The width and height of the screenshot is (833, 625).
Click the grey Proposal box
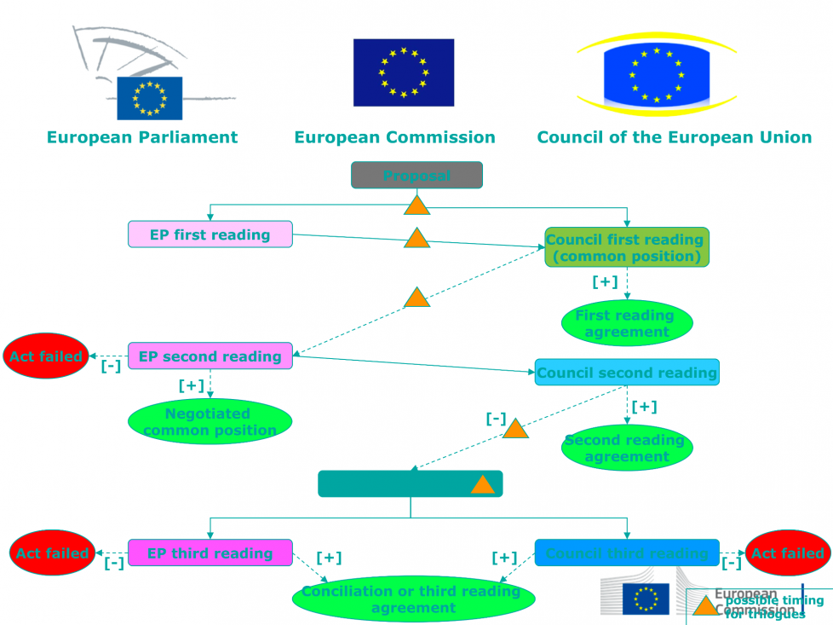416,175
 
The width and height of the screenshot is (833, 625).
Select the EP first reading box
210,234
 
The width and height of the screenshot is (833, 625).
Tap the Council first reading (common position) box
627,247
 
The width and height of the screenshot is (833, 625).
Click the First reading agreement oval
627,323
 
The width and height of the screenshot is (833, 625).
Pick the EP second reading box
210,356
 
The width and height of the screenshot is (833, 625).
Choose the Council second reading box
627,373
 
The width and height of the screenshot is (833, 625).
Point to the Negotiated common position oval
210,421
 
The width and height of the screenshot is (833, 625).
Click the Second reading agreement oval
627,448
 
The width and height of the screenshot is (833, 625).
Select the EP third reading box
210,553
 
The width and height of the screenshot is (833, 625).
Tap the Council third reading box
627,553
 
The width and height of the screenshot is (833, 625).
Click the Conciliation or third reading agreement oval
413,599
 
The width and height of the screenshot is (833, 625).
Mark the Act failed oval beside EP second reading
46,356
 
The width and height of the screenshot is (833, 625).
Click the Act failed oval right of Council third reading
788,553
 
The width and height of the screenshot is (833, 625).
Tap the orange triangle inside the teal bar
482,485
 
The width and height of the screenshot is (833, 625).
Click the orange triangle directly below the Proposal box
416,205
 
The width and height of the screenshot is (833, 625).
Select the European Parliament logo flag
150,97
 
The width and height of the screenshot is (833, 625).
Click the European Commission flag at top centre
404,72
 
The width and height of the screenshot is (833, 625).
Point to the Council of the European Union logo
656,74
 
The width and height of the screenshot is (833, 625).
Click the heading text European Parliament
142,137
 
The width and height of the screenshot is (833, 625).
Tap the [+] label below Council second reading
644,407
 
